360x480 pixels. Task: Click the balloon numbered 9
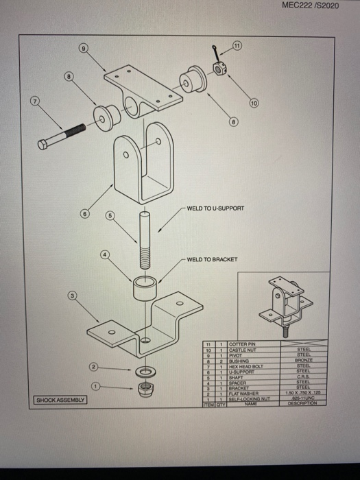click(84, 49)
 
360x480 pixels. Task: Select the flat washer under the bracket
click(145, 372)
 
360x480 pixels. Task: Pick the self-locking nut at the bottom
click(145, 389)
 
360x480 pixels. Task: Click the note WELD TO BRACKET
click(211, 260)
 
